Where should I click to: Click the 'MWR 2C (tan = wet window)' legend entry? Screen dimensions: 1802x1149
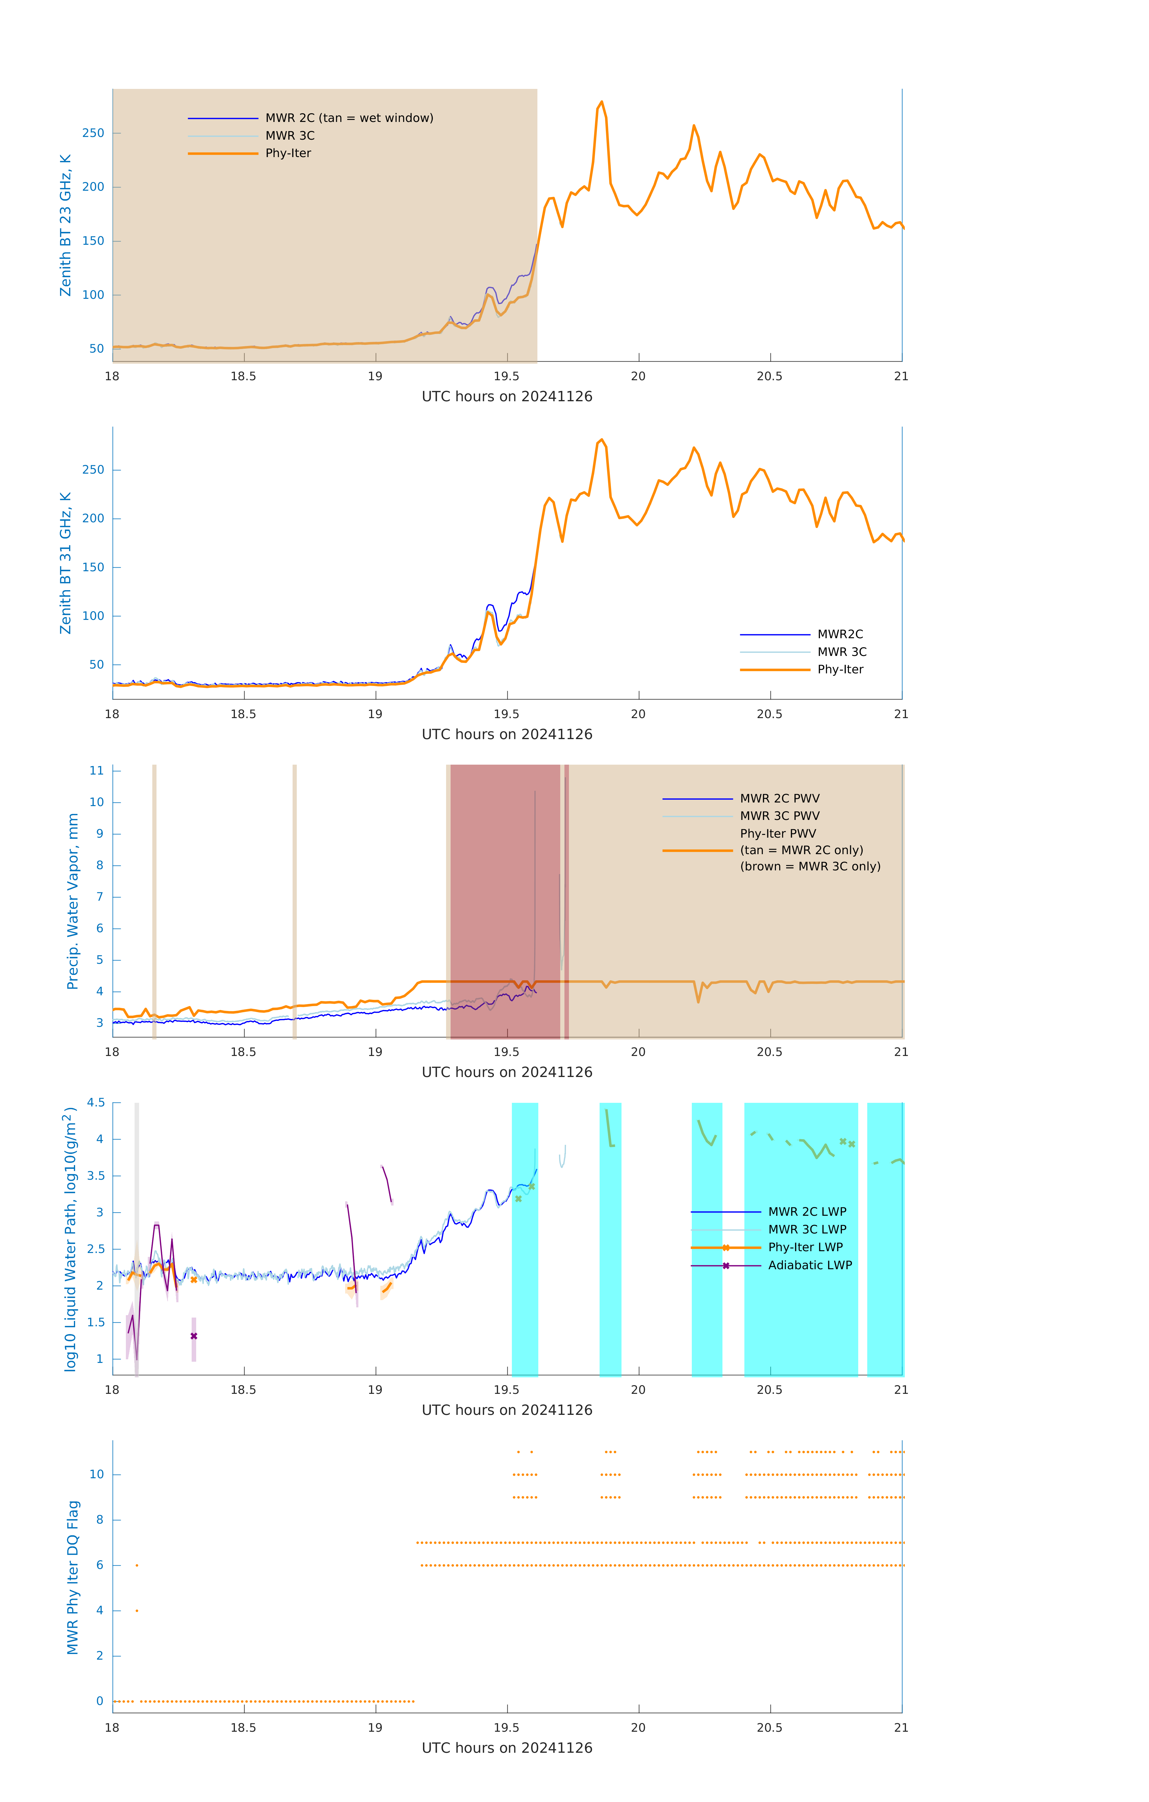tap(349, 118)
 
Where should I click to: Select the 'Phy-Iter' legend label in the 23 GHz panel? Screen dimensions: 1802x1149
tap(288, 153)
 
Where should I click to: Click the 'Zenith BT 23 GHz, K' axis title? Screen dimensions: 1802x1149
tap(66, 225)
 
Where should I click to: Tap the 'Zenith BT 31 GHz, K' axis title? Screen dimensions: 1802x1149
tap(66, 563)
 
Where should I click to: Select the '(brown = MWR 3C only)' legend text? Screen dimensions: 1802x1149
tap(810, 866)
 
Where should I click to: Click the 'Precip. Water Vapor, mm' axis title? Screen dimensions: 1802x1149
tap(73, 901)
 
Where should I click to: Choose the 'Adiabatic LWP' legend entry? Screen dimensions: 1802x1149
tap(810, 1265)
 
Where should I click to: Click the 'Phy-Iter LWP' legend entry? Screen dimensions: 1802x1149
tap(805, 1248)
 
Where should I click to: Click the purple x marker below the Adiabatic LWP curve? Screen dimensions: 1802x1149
tap(194, 1336)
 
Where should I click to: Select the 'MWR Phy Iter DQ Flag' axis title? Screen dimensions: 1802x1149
tap(73, 1577)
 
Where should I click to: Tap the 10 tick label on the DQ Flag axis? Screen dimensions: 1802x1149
tap(96, 1474)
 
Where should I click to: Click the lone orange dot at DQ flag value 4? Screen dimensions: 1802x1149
tap(137, 1610)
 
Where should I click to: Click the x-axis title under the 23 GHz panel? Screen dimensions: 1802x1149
tap(507, 397)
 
